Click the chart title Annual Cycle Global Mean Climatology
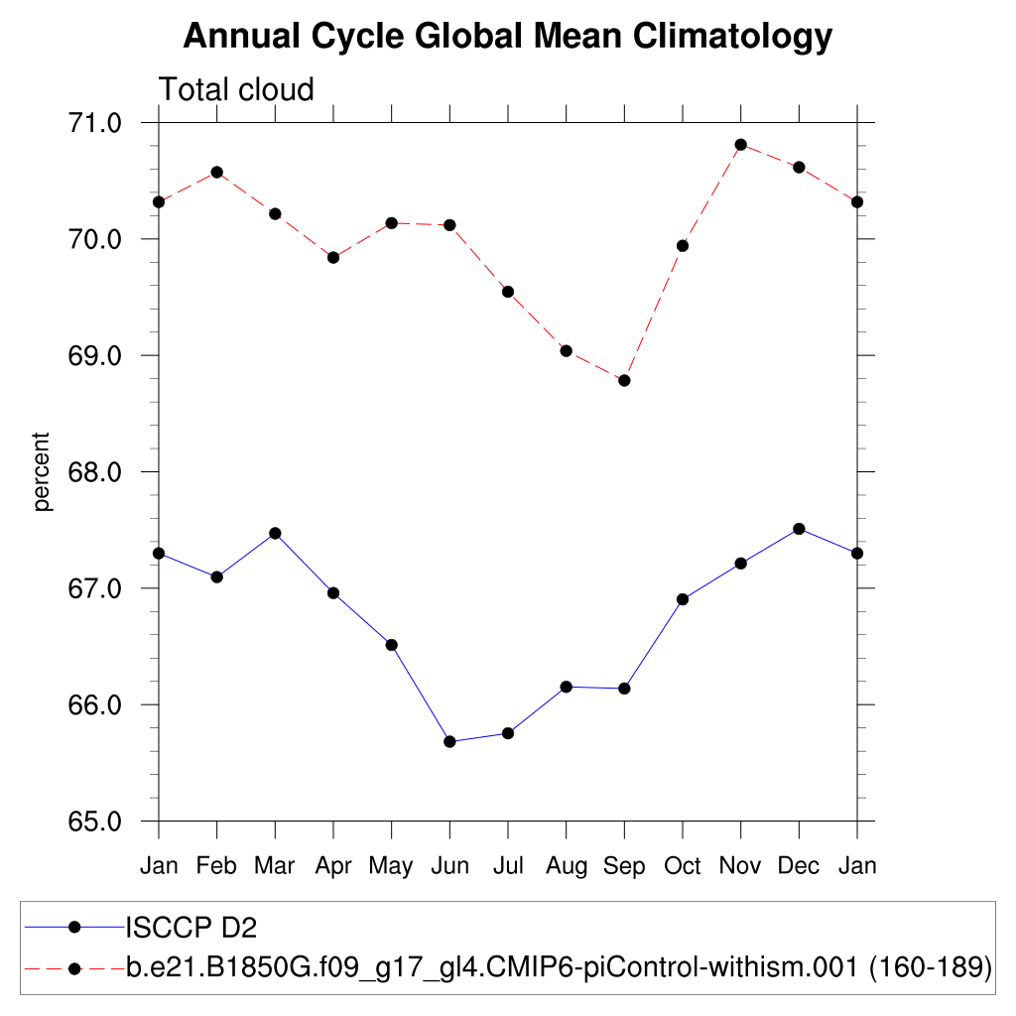(507, 37)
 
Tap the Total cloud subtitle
(236, 89)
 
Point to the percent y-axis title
(42, 471)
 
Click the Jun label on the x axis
(449, 866)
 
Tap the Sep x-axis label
(624, 866)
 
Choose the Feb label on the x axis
(216, 866)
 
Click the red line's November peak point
(740, 145)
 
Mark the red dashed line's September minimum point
(624, 380)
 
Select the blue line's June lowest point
(449, 741)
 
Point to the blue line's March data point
(275, 533)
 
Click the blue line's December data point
(799, 529)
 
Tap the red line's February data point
(216, 173)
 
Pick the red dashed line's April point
(333, 257)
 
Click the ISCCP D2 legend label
(190, 928)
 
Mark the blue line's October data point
(683, 599)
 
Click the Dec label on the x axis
(799, 866)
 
